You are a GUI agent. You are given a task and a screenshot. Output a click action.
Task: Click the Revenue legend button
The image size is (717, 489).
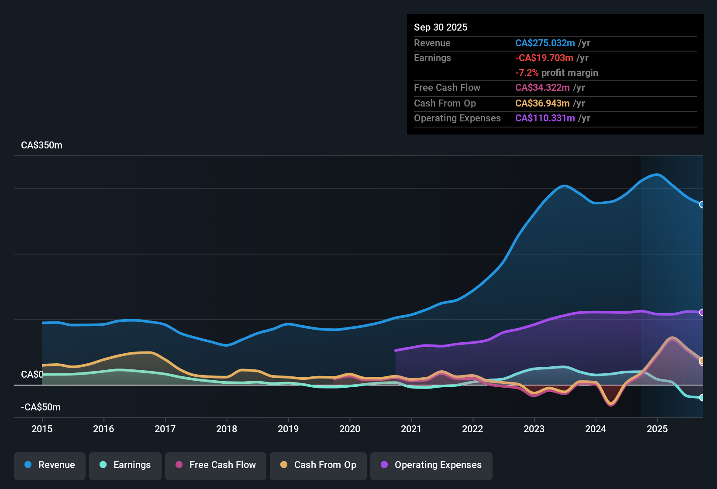coord(50,465)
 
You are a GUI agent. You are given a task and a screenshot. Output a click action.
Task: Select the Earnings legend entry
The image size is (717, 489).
coord(125,465)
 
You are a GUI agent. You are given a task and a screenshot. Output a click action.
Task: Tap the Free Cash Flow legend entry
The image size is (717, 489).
coord(216,465)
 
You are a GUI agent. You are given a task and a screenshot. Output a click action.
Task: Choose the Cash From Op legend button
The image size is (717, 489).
coord(318,465)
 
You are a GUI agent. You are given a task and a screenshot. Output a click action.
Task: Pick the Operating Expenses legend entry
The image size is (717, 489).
coord(431,465)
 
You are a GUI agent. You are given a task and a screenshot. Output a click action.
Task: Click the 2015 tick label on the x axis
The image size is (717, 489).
coord(42,429)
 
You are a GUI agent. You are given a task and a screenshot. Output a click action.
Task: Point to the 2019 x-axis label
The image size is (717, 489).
coord(288,429)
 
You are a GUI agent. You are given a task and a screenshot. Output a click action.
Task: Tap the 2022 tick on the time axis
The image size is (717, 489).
coord(472,429)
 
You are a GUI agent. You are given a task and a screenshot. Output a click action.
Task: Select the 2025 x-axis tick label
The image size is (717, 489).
coord(657,429)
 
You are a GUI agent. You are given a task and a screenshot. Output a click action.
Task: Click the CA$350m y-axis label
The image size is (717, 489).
coord(41,145)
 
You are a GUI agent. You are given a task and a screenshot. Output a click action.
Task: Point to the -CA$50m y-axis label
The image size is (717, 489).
coord(41,407)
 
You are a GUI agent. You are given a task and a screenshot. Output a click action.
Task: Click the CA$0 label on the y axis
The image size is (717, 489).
coord(32,375)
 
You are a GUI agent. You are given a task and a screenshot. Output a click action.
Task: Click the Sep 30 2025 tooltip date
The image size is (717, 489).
coord(441,28)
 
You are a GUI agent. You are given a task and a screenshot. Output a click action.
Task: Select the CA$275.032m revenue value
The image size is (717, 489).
coord(545,43)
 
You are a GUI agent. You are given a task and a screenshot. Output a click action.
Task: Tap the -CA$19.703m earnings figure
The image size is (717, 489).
coord(544,58)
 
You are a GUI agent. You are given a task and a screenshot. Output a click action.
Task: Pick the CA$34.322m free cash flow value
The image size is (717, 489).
coord(542,88)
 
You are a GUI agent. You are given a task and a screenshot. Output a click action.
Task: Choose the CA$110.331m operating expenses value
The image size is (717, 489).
coord(545,118)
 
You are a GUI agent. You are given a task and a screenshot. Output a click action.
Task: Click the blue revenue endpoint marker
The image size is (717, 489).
coord(702,205)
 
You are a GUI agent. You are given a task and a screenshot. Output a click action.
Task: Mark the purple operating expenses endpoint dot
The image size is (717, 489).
coord(702,312)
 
